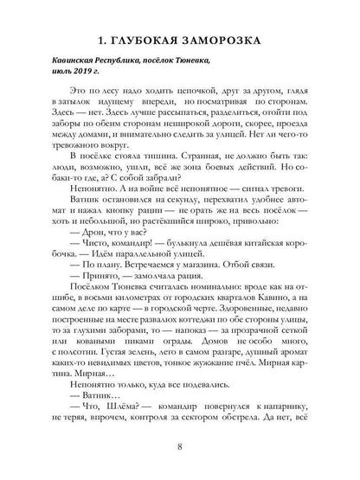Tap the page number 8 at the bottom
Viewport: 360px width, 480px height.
point(179,449)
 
